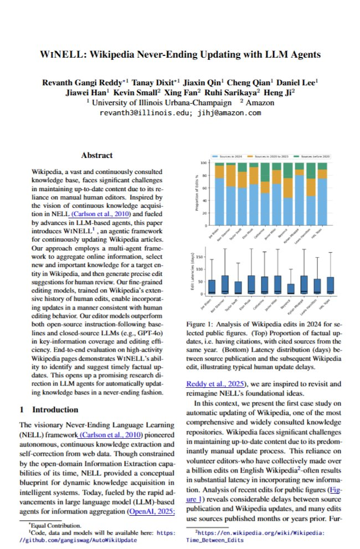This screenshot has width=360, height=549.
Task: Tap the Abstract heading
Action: (x=96, y=156)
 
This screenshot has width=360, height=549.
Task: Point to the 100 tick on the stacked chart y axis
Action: (x=203, y=163)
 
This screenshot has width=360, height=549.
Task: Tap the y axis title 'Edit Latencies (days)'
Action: (x=194, y=273)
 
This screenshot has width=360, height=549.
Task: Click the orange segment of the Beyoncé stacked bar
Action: (x=287, y=188)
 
